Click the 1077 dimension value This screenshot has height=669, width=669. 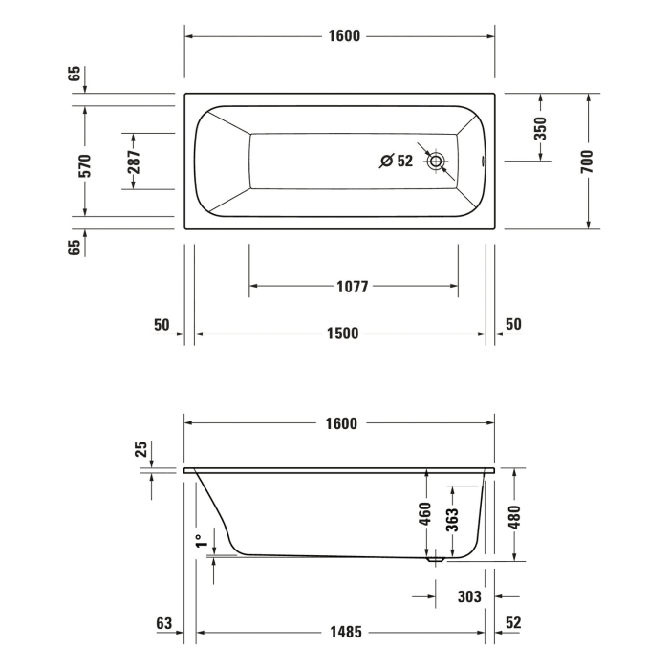point(352,286)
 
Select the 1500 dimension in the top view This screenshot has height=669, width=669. point(342,334)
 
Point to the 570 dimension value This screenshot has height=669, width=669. point(85,166)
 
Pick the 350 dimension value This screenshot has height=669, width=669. point(540,127)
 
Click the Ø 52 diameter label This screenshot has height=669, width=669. point(396,162)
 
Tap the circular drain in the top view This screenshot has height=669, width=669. point(437,162)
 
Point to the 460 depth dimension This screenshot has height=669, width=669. point(426,517)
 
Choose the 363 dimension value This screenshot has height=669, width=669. point(453,518)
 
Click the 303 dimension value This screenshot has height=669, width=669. point(468,596)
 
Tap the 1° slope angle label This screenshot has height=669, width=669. point(200,540)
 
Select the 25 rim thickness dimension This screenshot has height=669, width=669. point(140,449)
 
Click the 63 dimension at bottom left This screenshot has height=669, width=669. point(163,623)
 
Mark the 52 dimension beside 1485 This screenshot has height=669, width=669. point(513,623)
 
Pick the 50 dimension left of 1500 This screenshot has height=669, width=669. point(161,325)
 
